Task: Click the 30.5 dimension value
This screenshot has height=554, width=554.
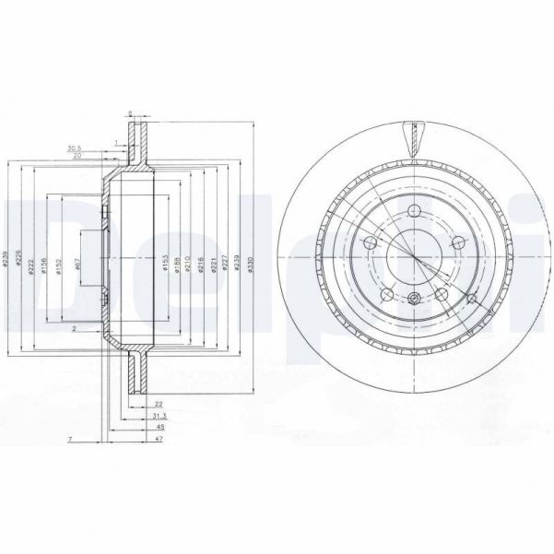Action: [75, 147]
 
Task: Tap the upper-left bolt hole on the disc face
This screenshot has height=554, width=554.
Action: [371, 243]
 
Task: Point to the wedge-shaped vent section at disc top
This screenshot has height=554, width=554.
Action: [412, 139]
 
